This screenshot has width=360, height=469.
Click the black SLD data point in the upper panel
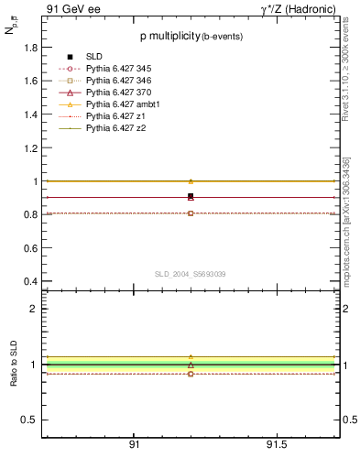pyautogui.click(x=191, y=197)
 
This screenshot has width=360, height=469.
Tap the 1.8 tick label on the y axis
pyautogui.click(x=30, y=47)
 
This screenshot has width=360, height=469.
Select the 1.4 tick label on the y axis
pyautogui.click(x=30, y=115)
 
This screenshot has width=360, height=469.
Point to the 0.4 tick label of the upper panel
pyautogui.click(x=30, y=281)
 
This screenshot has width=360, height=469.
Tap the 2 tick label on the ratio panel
pyautogui.click(x=34, y=309)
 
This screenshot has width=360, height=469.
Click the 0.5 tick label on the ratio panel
pyautogui.click(x=30, y=420)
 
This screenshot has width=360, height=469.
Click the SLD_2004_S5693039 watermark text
pyautogui.click(x=191, y=274)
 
